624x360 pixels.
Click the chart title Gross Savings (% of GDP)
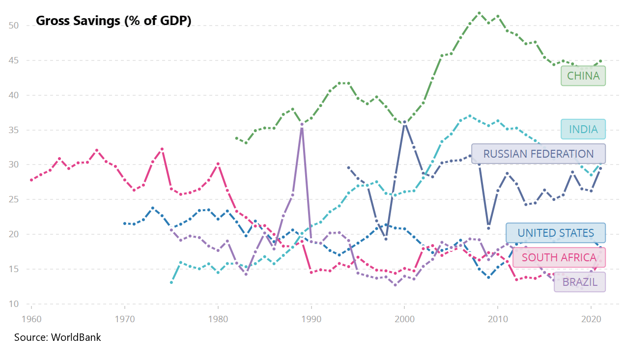113,21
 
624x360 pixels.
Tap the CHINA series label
583,76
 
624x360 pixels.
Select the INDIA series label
583,129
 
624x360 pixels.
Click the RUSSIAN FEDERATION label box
538,154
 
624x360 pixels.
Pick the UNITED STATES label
555,233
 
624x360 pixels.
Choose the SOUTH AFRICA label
559,257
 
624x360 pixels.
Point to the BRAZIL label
580,282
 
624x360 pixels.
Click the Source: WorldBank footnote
57,337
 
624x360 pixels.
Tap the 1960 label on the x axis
31,318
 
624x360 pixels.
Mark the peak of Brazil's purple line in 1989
302,124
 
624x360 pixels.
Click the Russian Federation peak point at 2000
404,122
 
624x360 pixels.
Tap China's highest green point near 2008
479,13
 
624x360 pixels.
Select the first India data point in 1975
171,282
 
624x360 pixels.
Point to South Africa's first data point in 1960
31,180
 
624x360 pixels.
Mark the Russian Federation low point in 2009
488,228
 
